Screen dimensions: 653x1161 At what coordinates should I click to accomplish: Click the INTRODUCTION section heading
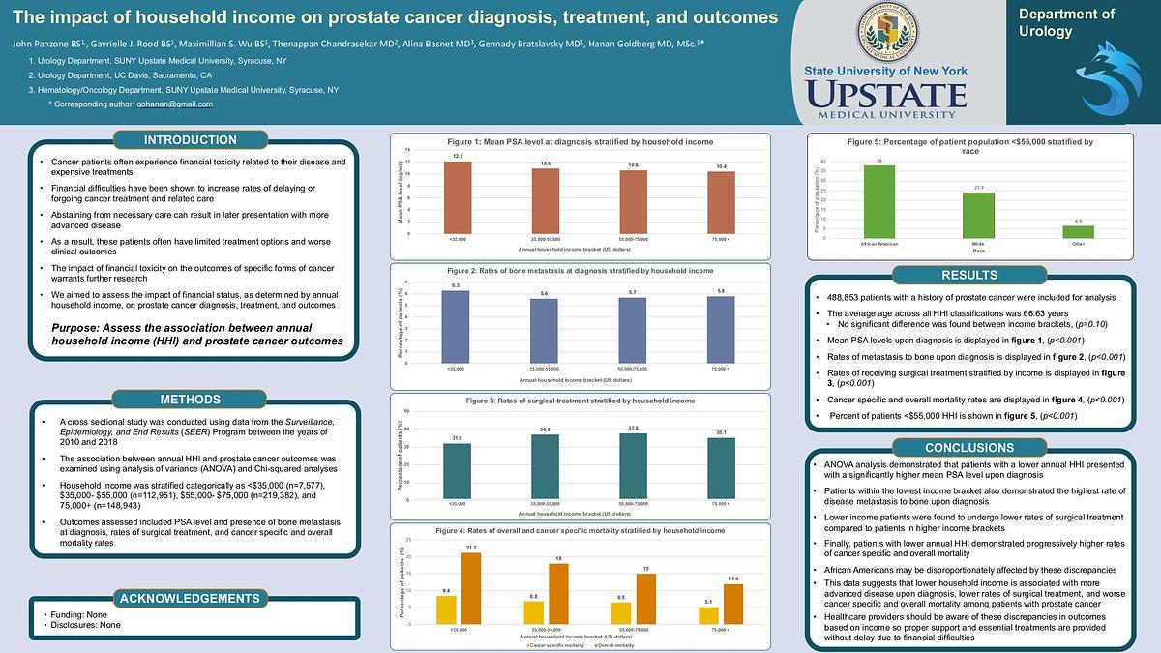pyautogui.click(x=190, y=140)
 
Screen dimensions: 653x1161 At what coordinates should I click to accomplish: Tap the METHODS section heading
pyautogui.click(x=190, y=400)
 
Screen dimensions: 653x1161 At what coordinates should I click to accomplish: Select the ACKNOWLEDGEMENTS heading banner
pyautogui.click(x=190, y=599)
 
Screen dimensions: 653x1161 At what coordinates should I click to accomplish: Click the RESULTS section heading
pyautogui.click(x=968, y=275)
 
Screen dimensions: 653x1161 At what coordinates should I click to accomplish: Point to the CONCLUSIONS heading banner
pyautogui.click(x=968, y=448)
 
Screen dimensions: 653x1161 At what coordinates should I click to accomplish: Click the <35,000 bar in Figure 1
pyautogui.click(x=458, y=196)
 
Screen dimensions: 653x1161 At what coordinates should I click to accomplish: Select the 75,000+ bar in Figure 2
pyautogui.click(x=721, y=329)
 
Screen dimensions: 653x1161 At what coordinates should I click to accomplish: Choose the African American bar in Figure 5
pyautogui.click(x=878, y=201)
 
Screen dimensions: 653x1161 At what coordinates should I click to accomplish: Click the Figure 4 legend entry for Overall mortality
pyautogui.click(x=615, y=645)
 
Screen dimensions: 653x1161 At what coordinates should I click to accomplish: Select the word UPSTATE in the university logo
pyautogui.click(x=885, y=95)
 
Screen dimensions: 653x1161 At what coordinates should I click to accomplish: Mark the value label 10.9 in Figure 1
pyautogui.click(x=546, y=163)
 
